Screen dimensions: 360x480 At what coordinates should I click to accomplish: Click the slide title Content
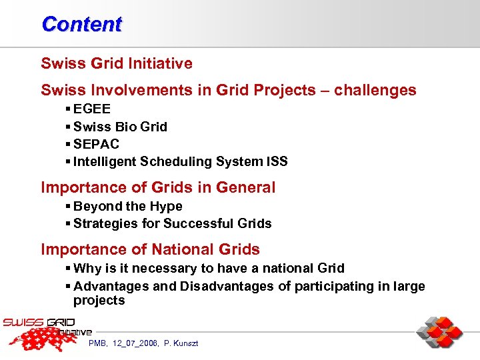(x=81, y=24)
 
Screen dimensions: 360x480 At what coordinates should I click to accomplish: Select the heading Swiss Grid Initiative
(x=117, y=64)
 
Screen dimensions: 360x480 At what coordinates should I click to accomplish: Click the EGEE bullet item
(x=92, y=109)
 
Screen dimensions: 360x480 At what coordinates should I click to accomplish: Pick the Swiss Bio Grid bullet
(x=120, y=127)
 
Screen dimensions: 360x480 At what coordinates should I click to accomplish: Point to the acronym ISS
(x=275, y=161)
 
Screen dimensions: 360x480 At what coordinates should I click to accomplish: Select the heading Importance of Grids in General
(x=158, y=187)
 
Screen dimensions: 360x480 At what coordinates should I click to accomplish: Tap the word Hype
(x=166, y=206)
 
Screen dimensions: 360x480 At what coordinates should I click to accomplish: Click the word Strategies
(x=102, y=223)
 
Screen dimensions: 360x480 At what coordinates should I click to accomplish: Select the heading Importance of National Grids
(x=150, y=249)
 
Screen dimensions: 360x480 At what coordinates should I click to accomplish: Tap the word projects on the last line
(x=99, y=301)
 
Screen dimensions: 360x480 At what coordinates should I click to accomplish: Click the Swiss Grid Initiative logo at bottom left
(x=47, y=333)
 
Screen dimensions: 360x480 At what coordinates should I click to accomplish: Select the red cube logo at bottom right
(x=439, y=333)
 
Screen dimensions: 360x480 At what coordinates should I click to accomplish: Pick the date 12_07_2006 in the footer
(x=137, y=343)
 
